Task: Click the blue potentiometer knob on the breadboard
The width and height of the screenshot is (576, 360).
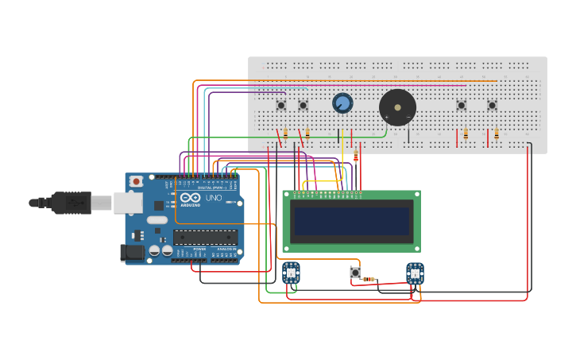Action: click(x=342, y=103)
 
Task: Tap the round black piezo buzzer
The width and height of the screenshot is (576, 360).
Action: click(x=397, y=107)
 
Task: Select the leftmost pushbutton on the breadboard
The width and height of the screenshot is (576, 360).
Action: click(x=280, y=105)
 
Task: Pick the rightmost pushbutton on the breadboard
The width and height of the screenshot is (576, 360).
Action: click(x=492, y=105)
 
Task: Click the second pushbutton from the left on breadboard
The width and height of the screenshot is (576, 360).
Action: click(x=303, y=105)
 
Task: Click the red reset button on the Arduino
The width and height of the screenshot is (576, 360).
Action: click(x=136, y=181)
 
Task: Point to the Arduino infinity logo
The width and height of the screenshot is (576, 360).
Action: click(x=191, y=198)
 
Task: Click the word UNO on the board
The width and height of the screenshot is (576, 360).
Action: click(x=214, y=198)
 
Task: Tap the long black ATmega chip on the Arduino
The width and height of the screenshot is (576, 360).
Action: click(x=205, y=237)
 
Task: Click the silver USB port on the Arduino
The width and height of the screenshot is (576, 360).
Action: click(x=128, y=203)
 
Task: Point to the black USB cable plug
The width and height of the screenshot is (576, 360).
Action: click(x=72, y=203)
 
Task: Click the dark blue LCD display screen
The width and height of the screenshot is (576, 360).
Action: click(x=352, y=221)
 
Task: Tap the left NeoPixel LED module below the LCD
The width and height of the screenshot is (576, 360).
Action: click(x=291, y=273)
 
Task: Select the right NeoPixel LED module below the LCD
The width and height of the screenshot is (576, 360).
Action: click(x=415, y=273)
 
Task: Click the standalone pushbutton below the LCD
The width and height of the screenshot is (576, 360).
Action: click(x=355, y=273)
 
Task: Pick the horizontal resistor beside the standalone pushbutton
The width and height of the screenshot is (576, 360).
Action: click(x=369, y=279)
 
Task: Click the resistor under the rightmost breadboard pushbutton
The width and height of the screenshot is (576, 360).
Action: click(x=497, y=134)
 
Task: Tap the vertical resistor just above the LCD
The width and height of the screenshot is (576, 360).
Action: click(x=356, y=157)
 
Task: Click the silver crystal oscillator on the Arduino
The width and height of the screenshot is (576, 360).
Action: click(x=157, y=220)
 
